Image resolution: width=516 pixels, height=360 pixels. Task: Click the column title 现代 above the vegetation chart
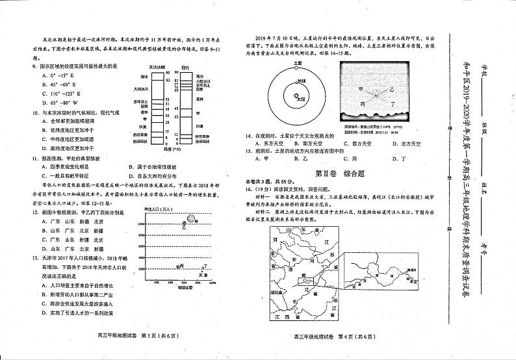[x=185, y=67]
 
